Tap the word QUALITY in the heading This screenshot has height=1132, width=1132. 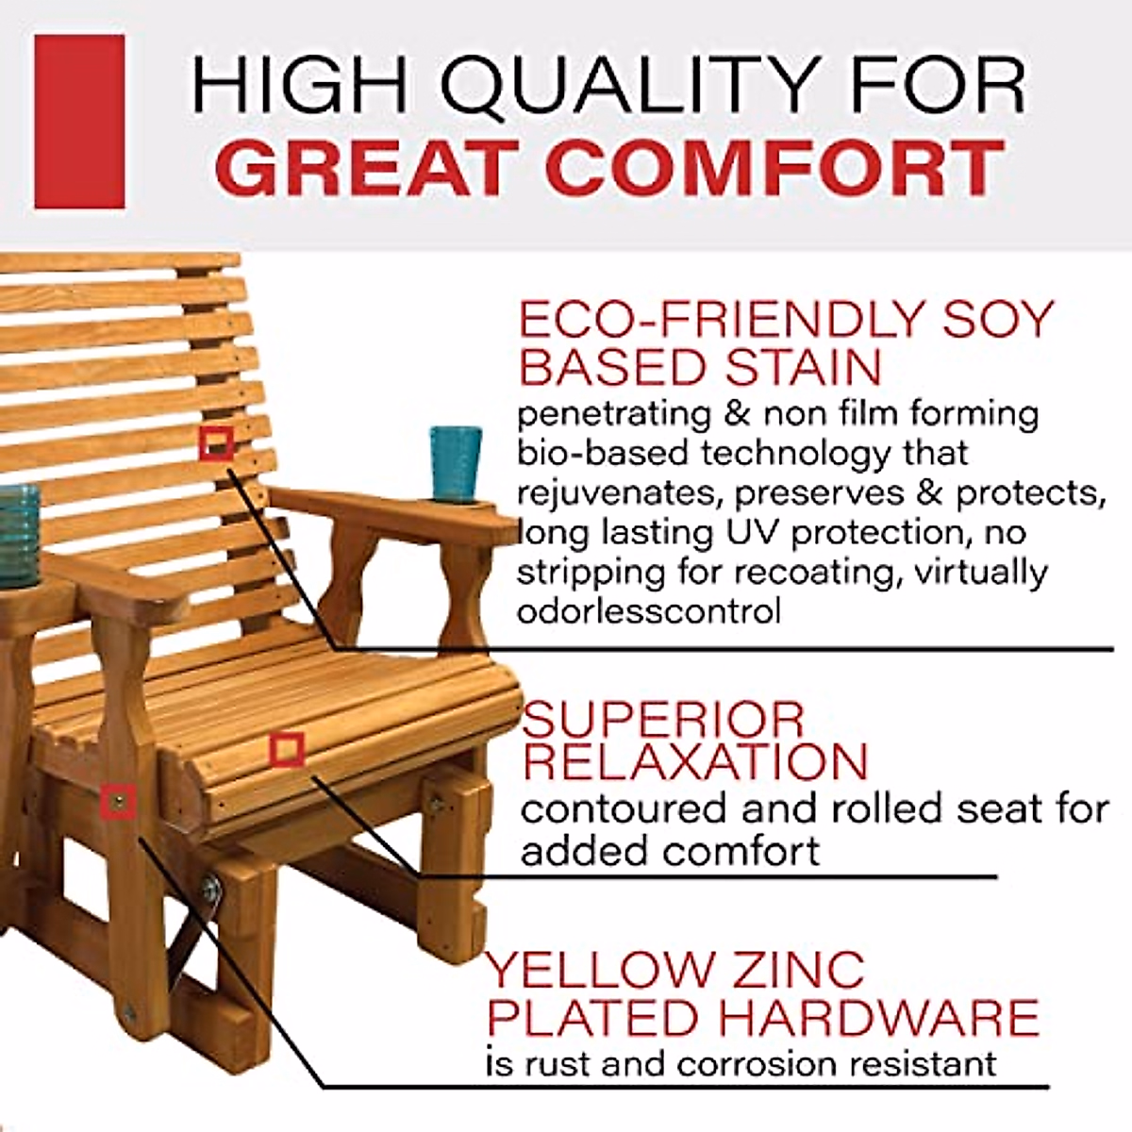pos(605,86)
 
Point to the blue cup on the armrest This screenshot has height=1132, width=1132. pos(456,462)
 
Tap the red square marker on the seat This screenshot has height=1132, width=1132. pos(287,750)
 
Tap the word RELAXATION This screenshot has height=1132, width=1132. pos(694,761)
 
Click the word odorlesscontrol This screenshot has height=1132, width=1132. pos(648,611)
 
